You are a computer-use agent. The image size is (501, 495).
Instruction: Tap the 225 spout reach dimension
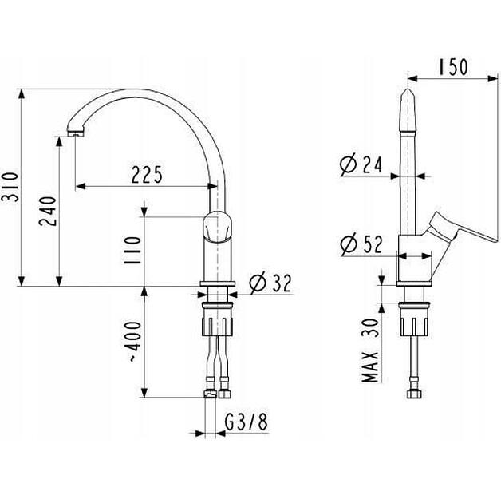147,173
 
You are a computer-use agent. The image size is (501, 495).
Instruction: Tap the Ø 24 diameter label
361,164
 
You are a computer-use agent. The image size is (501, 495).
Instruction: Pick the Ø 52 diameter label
361,245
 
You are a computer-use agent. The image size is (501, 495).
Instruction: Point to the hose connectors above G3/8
216,393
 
